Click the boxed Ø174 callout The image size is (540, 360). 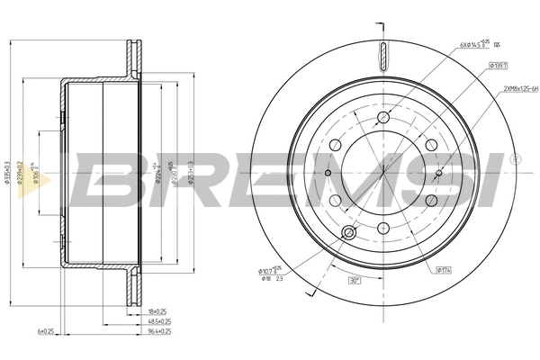(444, 269)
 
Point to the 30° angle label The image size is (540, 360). (355, 280)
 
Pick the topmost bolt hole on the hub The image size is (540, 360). (382, 118)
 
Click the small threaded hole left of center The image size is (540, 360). (328, 174)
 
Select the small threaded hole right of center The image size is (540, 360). (438, 174)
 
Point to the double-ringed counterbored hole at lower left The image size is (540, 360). (349, 234)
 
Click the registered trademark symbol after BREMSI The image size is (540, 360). (515, 159)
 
